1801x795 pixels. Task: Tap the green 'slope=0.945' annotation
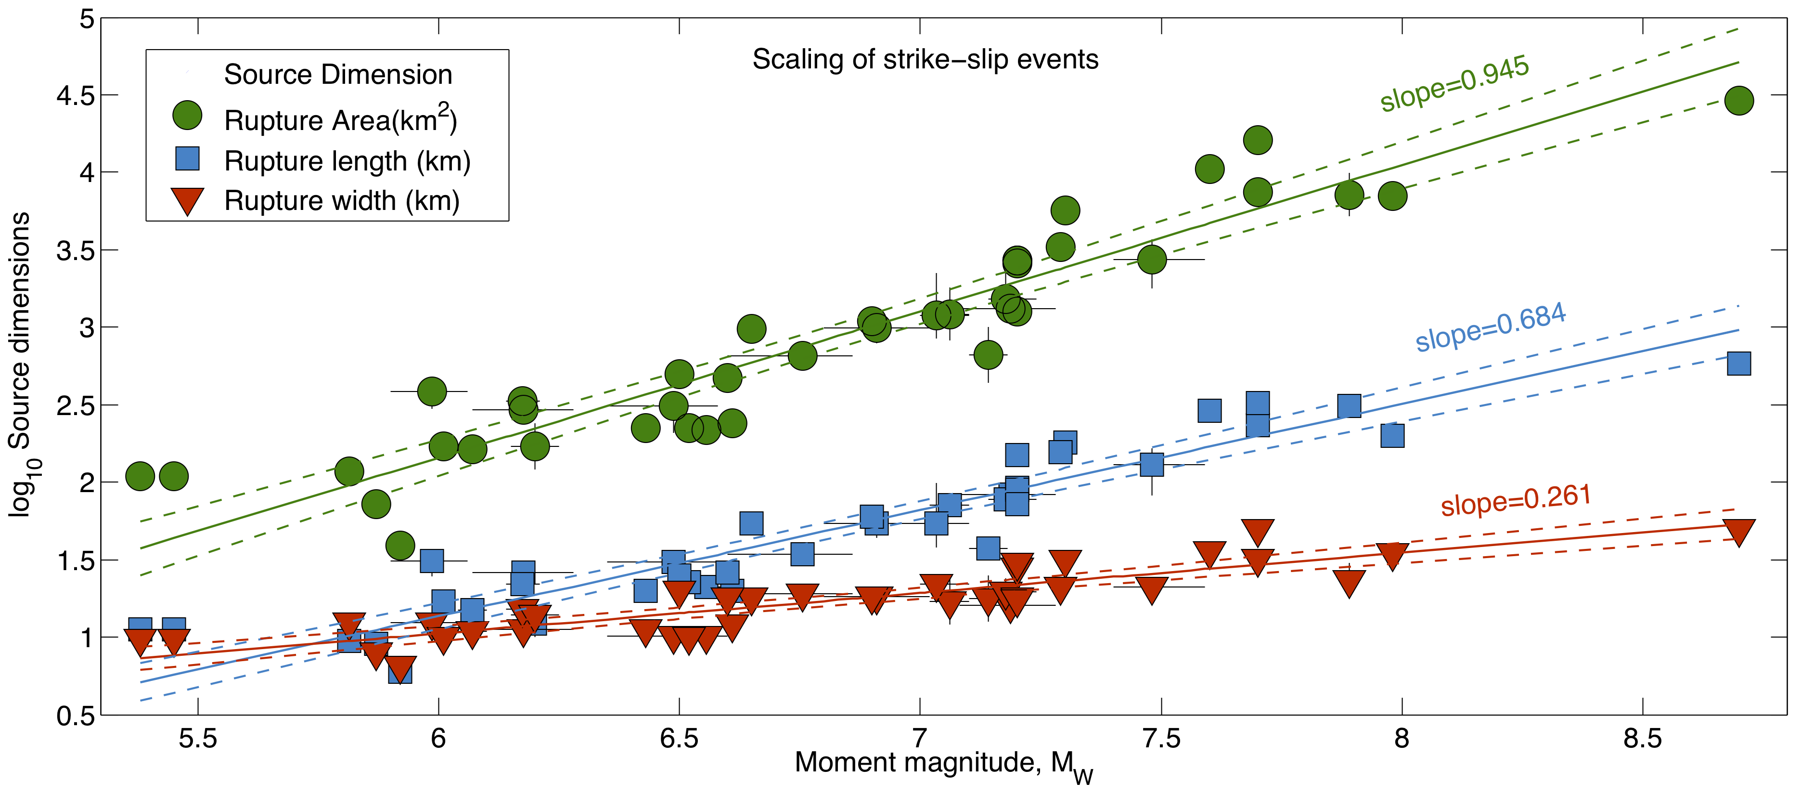[1454, 84]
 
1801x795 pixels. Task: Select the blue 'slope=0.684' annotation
[1491, 328]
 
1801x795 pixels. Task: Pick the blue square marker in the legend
[187, 159]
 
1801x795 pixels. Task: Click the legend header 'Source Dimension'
[338, 75]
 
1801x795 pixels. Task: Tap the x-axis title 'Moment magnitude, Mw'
[943, 764]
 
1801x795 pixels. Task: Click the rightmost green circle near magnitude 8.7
[1739, 101]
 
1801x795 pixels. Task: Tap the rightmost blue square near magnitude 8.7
[1739, 364]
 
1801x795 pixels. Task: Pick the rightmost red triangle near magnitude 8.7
[1739, 532]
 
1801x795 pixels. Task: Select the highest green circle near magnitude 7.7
[1258, 140]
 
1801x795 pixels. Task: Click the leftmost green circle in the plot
[140, 476]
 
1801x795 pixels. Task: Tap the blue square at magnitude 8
[1392, 436]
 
